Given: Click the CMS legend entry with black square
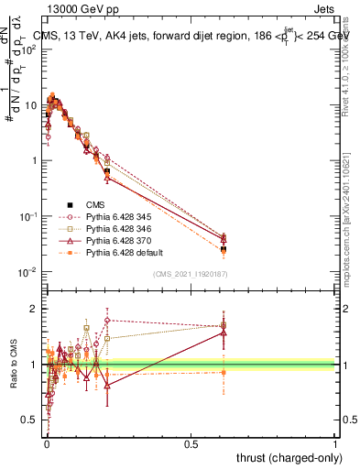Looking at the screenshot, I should tap(96, 204).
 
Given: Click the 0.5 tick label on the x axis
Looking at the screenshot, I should tap(191, 443).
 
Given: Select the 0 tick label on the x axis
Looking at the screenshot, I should tap(47, 443).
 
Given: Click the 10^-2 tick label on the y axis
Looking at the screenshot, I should tap(27, 272).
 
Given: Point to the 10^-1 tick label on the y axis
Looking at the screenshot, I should tap(27, 216).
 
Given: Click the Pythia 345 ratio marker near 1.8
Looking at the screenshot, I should tap(107, 321).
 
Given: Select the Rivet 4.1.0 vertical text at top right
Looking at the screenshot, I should tap(352, 64).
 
